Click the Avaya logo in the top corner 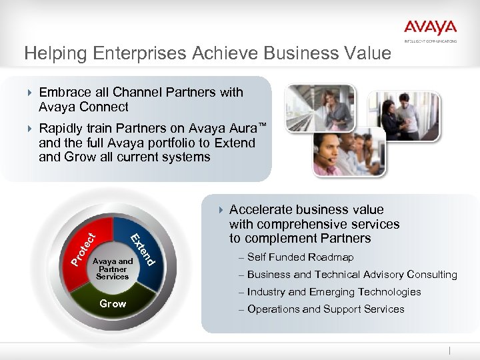[x=430, y=30]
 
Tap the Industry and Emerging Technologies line [x=333, y=292]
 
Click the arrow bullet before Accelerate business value [x=221, y=211]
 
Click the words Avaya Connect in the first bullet [x=83, y=107]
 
